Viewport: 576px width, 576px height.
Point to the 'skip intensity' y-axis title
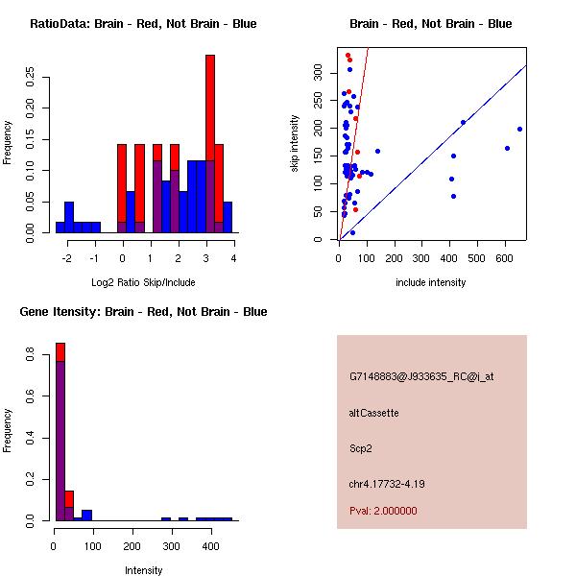[x=296, y=145]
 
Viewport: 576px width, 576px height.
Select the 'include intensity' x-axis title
[x=431, y=282]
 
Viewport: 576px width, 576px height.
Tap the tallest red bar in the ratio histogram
[x=210, y=144]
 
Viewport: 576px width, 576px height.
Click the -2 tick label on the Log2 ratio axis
[x=67, y=258]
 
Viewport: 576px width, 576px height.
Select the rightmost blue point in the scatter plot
[x=519, y=129]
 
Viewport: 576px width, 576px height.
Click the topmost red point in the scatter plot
[x=348, y=55]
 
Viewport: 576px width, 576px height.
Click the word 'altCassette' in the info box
[x=373, y=413]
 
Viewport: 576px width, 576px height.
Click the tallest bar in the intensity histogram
[x=60, y=432]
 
